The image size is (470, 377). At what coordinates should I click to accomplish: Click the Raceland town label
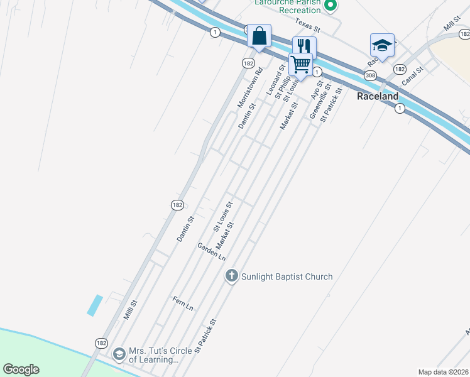378,97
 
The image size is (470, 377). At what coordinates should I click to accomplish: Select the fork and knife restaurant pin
304,46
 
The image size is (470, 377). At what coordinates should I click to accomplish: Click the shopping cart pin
301,64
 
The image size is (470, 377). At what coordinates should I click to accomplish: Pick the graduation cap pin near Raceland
381,45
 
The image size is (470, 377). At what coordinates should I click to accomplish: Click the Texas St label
308,28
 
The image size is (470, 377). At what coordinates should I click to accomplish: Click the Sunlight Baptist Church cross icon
231,276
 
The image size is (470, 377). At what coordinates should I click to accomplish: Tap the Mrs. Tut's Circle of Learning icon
119,355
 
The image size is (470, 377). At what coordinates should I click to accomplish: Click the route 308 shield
369,75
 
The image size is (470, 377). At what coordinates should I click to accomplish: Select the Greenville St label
320,104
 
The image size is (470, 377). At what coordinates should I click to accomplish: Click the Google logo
21,369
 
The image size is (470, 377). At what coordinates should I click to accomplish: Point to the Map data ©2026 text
443,372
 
